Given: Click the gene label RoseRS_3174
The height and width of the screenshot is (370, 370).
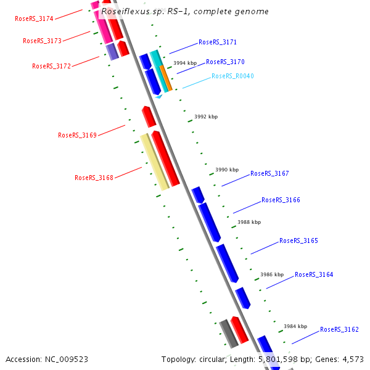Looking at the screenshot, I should pyautogui.click(x=34, y=18).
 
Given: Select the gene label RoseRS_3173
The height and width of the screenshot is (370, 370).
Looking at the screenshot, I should pyautogui.click(x=42, y=41).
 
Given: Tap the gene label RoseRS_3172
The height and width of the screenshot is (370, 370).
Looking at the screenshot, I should pyautogui.click(x=51, y=66).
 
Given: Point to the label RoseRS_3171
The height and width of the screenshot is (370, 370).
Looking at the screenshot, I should pyautogui.click(x=218, y=43).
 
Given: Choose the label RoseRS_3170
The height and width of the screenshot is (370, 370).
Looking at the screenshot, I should pyautogui.click(x=225, y=62).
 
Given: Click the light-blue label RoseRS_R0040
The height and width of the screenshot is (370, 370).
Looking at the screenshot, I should pyautogui.click(x=232, y=76).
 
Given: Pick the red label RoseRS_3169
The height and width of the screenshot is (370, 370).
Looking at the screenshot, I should pyautogui.click(x=77, y=135).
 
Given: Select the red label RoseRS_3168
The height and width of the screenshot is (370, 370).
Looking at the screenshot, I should pyautogui.click(x=94, y=178).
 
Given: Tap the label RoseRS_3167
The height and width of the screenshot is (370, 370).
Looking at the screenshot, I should pyautogui.click(x=269, y=174).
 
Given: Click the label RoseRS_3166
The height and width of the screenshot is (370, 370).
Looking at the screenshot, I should pyautogui.click(x=281, y=200).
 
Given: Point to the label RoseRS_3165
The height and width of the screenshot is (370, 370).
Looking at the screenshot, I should pyautogui.click(x=298, y=240).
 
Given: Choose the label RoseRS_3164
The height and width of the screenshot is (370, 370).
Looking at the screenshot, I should pyautogui.click(x=314, y=274).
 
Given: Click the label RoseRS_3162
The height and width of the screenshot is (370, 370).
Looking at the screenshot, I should pyautogui.click(x=339, y=329).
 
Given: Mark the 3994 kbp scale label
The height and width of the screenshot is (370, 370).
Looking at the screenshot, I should pyautogui.click(x=185, y=63).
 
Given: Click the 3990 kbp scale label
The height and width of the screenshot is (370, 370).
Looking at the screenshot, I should pyautogui.click(x=226, y=170).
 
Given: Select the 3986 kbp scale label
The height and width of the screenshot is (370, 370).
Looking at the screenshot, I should pyautogui.click(x=272, y=274).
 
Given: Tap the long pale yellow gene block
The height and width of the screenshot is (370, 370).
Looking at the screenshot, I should pyautogui.click(x=154, y=162).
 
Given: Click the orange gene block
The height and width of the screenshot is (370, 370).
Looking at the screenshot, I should pyautogui.click(x=166, y=78).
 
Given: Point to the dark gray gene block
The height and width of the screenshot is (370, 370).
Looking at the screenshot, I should pyautogui.click(x=229, y=334).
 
